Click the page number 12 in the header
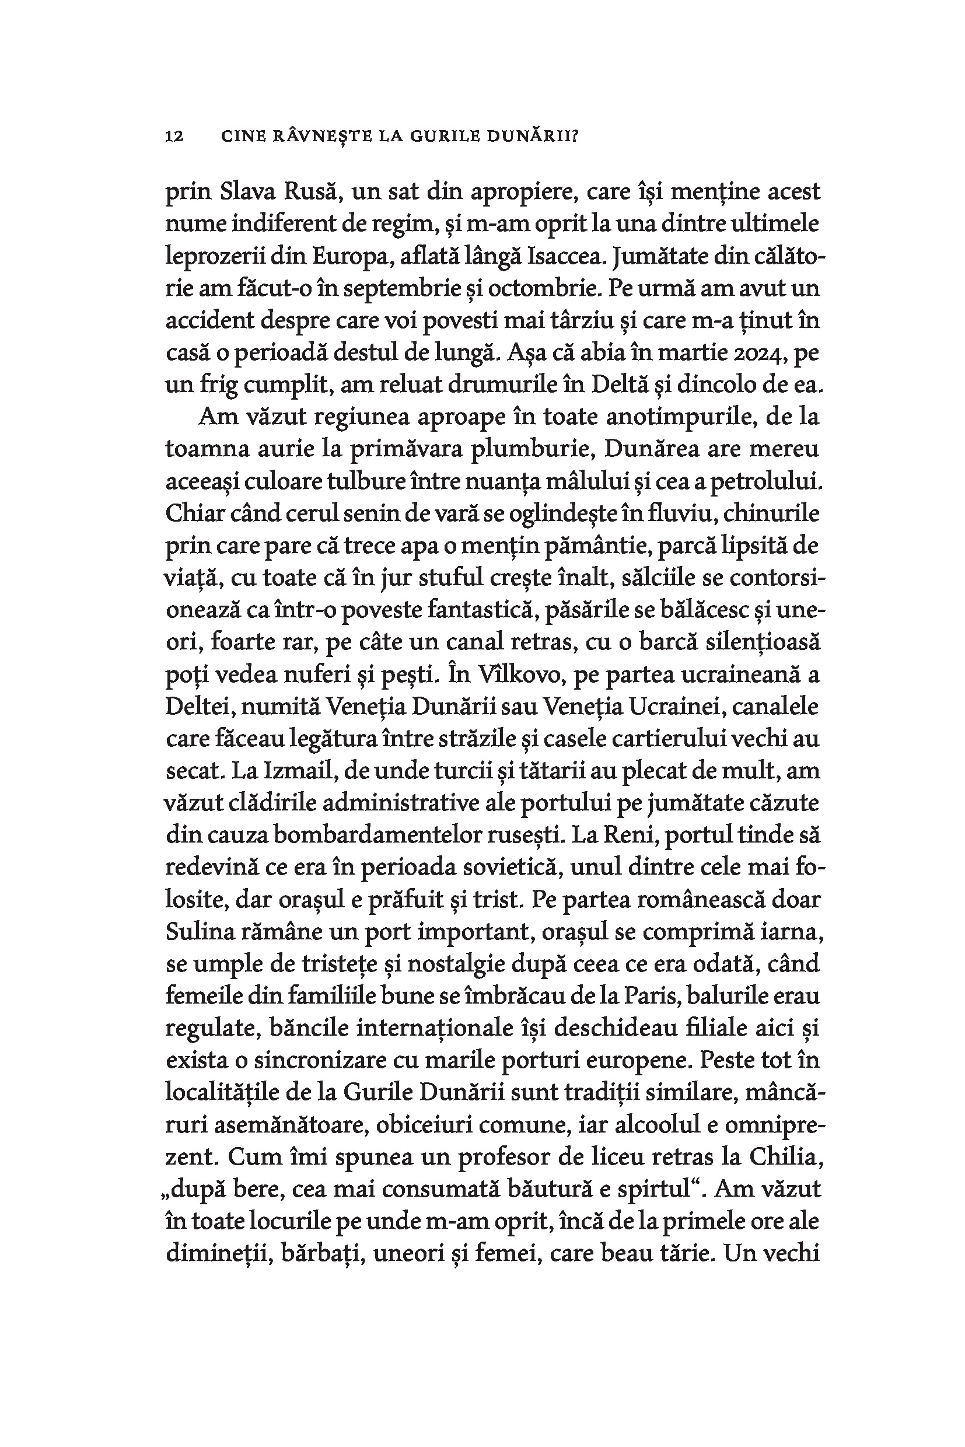point(174,137)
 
